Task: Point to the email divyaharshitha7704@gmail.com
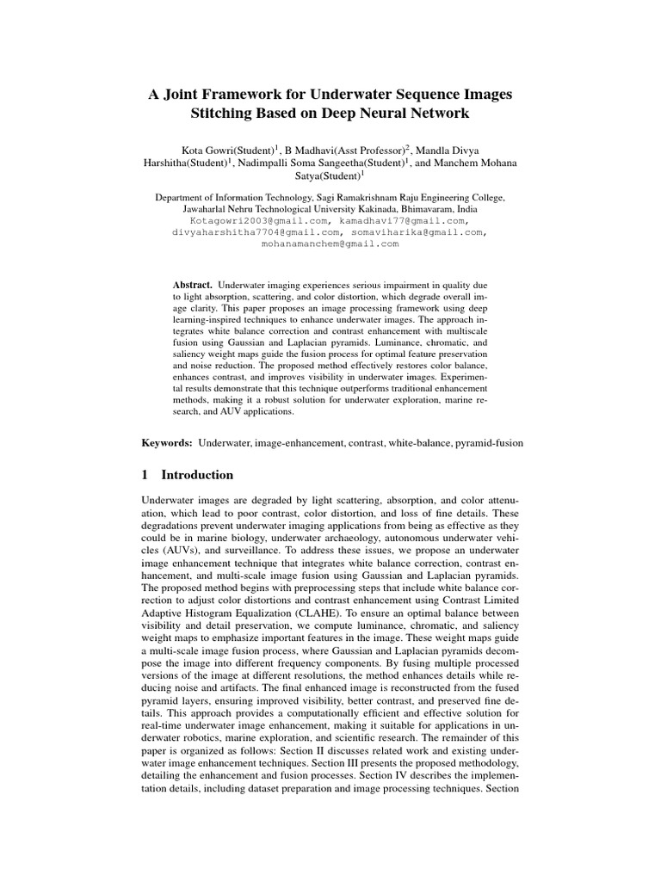click(x=254, y=232)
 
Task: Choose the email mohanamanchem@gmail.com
click(x=330, y=243)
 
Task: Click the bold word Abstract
click(x=192, y=283)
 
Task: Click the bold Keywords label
click(x=167, y=442)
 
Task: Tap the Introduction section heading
click(x=197, y=475)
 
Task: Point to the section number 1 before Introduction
click(x=145, y=475)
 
